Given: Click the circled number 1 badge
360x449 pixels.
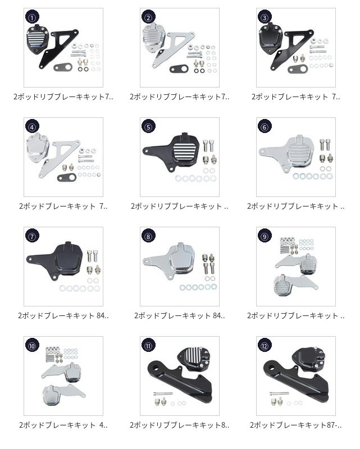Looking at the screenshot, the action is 32,17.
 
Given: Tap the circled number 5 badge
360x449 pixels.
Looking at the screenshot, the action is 148,127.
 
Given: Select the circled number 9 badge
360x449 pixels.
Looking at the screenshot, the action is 265,236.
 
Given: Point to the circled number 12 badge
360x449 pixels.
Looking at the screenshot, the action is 265,346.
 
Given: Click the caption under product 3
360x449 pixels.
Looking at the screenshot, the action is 296,97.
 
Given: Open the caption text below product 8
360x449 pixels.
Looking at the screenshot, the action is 179,315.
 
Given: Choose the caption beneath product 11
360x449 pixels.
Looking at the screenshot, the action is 179,425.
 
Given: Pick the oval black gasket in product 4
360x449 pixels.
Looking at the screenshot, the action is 67,177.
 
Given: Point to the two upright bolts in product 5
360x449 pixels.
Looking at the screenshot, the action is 208,145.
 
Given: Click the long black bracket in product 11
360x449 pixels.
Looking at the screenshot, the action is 181,378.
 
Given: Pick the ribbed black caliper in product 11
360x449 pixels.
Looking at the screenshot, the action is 194,357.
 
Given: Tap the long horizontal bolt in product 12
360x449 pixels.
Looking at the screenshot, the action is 279,393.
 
